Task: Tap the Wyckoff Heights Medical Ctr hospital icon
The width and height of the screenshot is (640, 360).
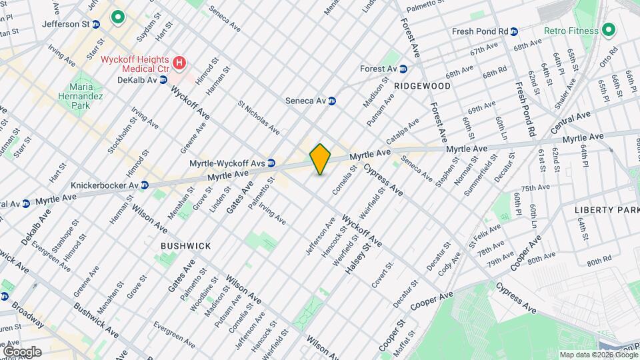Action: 178,63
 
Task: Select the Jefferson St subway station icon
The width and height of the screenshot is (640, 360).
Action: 96,24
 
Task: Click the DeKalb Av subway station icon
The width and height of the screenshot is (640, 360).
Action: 163,80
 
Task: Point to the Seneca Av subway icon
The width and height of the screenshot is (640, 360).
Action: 332,101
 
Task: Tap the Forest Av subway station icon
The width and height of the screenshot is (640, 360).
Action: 403,69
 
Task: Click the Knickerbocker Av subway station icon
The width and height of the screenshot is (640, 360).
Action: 144,185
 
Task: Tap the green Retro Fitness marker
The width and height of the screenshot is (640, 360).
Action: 607,30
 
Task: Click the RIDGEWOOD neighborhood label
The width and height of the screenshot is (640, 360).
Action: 422,86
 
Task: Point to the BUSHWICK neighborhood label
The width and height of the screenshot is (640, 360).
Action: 185,246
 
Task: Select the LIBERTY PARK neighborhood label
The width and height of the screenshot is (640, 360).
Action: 607,210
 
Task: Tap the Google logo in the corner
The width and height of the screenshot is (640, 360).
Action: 22,351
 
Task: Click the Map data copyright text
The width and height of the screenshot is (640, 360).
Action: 597,355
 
